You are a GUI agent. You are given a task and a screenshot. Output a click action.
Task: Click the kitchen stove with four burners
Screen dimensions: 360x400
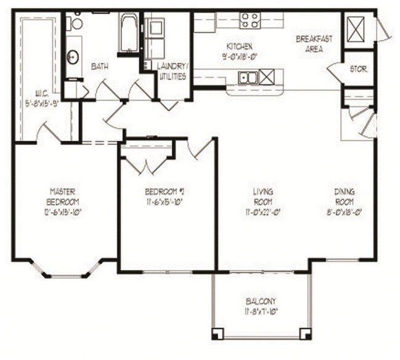(x=250, y=20)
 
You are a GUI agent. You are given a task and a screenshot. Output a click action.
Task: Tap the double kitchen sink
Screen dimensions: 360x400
(x=248, y=78)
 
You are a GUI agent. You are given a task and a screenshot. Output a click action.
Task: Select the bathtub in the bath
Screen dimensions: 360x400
(x=129, y=33)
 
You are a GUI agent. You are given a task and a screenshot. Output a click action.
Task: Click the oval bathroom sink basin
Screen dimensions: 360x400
(x=73, y=57)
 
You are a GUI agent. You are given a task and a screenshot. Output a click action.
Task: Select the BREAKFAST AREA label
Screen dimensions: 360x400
(x=314, y=43)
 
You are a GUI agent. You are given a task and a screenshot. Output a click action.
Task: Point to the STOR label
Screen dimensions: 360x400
(x=358, y=70)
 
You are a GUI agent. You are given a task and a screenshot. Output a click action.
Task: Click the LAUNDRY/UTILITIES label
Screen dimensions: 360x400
(x=173, y=69)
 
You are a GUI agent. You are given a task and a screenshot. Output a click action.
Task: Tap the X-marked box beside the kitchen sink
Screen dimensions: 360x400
(x=267, y=78)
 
